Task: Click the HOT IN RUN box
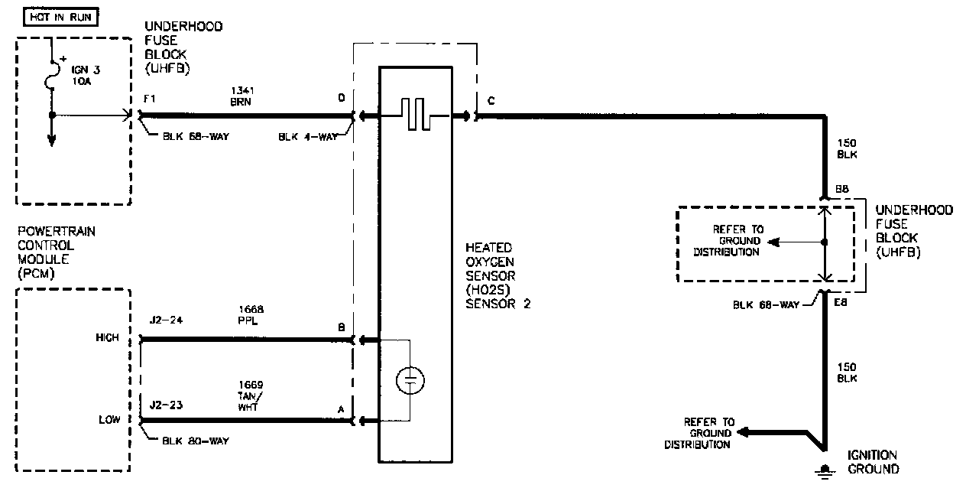[x=61, y=17]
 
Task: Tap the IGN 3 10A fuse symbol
[x=52, y=75]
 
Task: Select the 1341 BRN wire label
[x=242, y=96]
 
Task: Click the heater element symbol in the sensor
[x=415, y=114]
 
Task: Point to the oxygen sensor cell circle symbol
[x=410, y=381]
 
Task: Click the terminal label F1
[x=149, y=99]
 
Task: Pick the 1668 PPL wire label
[x=251, y=315]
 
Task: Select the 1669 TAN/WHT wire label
[x=251, y=395]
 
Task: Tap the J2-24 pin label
[x=166, y=320]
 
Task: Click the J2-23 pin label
[x=166, y=405]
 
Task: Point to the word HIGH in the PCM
[x=108, y=337]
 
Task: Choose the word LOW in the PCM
[x=109, y=419]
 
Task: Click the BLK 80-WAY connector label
[x=196, y=441]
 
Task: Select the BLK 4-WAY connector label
[x=308, y=137]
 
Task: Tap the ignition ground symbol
[x=825, y=471]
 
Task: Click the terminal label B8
[x=841, y=189]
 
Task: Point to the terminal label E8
[x=841, y=302]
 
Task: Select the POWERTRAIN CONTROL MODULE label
[x=57, y=252]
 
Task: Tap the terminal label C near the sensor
[x=491, y=101]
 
